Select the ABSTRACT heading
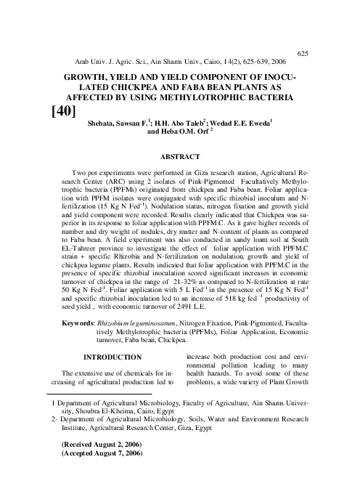[x=179, y=155]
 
